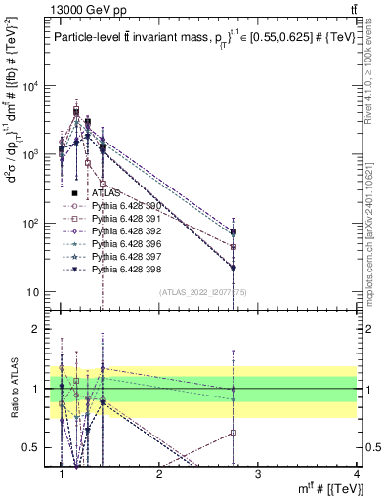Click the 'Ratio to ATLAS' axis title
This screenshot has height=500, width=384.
click(13, 389)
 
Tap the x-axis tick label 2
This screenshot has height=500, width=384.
click(159, 474)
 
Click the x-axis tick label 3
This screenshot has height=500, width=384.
click(258, 474)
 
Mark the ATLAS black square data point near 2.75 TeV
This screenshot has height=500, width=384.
click(234, 231)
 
